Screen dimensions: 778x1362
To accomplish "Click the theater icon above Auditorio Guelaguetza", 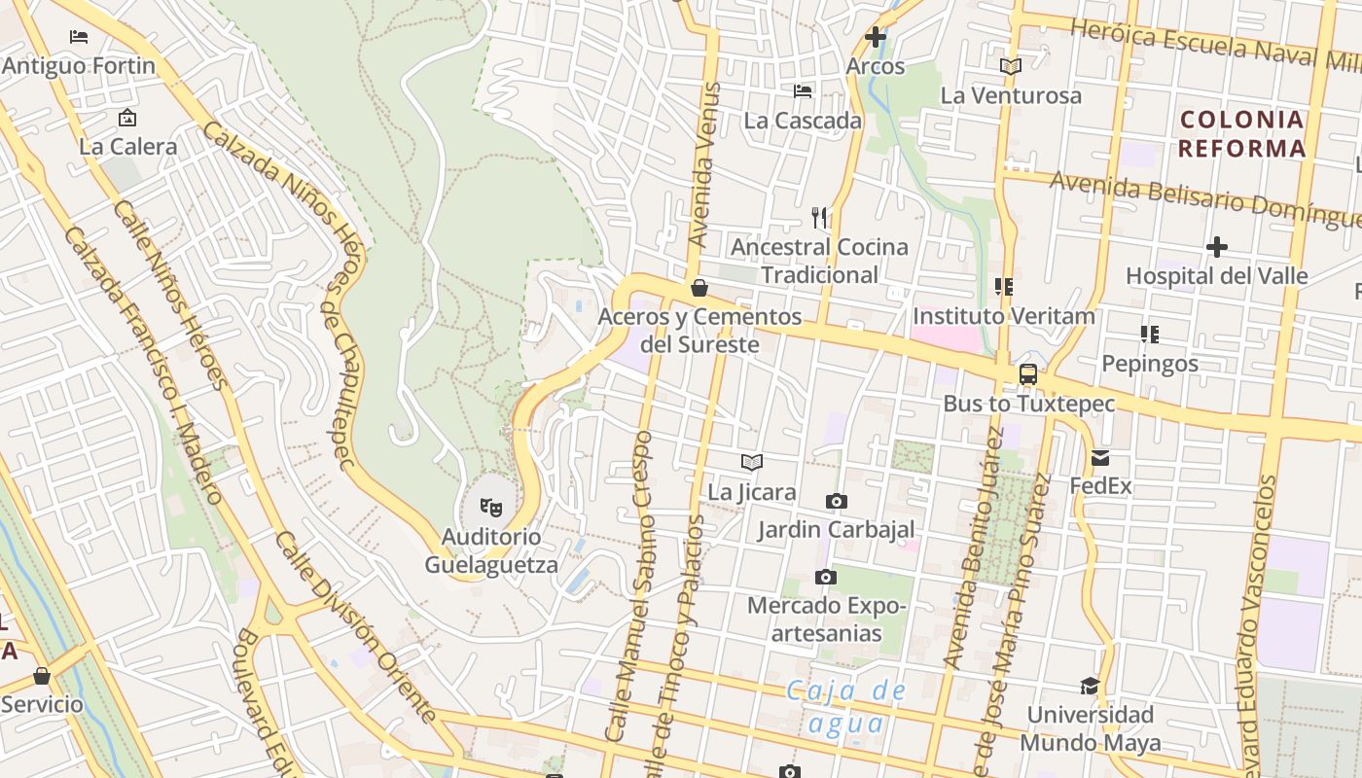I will pyautogui.click(x=491, y=507).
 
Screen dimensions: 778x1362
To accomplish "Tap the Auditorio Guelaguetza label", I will pyautogui.click(x=491, y=550).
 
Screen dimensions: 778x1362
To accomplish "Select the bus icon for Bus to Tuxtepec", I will pyautogui.click(x=1027, y=374).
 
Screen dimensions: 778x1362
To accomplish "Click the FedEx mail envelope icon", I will pyautogui.click(x=1100, y=457).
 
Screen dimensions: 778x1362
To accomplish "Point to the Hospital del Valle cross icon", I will pyautogui.click(x=1216, y=247).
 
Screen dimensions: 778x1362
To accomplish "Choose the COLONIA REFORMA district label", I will pyautogui.click(x=1241, y=134).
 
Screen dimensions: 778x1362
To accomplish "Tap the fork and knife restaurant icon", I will pyautogui.click(x=819, y=217).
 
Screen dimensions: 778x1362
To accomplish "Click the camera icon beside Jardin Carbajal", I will pyautogui.click(x=836, y=502).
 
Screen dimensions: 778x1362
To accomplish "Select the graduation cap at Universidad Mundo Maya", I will pyautogui.click(x=1090, y=686).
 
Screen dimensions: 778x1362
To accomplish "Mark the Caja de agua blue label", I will pyautogui.click(x=846, y=707).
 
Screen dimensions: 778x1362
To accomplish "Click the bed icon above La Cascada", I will pyautogui.click(x=803, y=91).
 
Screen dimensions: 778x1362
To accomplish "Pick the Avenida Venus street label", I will pyautogui.click(x=706, y=165).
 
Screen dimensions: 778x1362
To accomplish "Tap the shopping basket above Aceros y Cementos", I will pyautogui.click(x=699, y=288).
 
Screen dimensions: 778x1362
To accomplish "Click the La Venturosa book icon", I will pyautogui.click(x=1011, y=66).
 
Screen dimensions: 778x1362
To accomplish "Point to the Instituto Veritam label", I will pyautogui.click(x=1003, y=316).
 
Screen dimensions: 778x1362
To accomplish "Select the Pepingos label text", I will pyautogui.click(x=1150, y=364).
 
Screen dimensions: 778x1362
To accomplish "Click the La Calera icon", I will pyautogui.click(x=126, y=119).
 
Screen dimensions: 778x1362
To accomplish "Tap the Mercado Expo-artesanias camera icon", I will pyautogui.click(x=825, y=578).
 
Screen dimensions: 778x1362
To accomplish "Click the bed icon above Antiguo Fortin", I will pyautogui.click(x=79, y=37).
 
